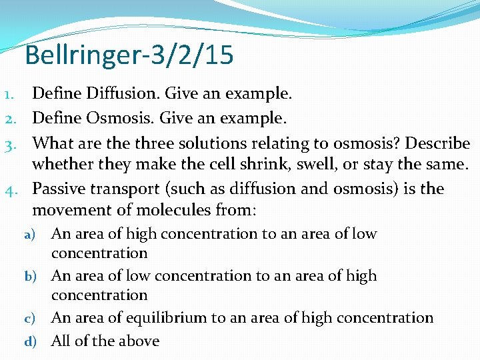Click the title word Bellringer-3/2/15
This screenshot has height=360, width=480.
129,55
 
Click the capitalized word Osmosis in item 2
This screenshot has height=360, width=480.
119,118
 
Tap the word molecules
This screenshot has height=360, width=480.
171,211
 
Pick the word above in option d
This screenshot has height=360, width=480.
137,341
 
